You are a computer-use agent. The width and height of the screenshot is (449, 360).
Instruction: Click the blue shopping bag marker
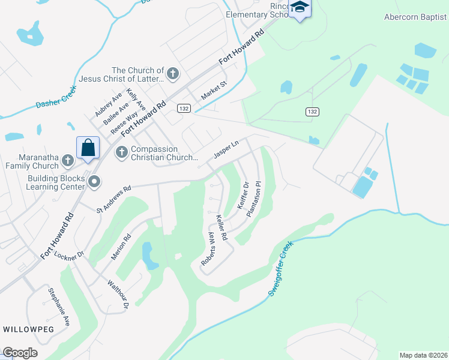[x=88, y=148]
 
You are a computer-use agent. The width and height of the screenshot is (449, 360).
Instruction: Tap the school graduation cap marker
[x=300, y=7]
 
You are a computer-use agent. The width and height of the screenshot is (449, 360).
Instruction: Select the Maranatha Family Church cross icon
[x=67, y=160]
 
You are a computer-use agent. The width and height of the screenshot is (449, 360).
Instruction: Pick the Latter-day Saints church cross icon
[x=172, y=74]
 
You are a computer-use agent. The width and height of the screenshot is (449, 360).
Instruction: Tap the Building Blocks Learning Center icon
[x=94, y=181]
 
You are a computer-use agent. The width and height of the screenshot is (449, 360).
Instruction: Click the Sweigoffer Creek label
[x=280, y=269]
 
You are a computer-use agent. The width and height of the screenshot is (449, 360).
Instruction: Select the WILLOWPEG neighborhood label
[x=28, y=329]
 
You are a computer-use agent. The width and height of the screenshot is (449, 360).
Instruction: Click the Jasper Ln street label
[x=226, y=150]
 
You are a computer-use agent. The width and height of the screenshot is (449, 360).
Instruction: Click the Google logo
[x=20, y=353]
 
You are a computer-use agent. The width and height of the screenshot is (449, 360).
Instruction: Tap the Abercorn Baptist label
[x=416, y=17]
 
